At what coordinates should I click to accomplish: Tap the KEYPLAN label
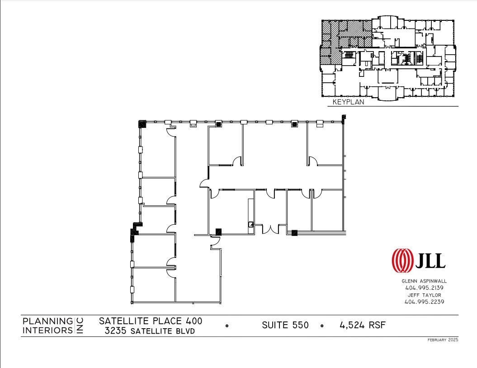348,102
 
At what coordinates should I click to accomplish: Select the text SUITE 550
285,325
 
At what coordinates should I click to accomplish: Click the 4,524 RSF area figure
360,325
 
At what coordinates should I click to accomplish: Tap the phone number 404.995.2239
424,302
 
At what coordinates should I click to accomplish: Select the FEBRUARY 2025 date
443,340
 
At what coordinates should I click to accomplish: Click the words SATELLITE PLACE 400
151,321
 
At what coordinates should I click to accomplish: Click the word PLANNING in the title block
47,321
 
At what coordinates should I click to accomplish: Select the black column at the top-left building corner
142,123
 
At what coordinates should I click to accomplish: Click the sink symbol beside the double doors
250,224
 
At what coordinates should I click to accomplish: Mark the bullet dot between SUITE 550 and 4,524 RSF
322,326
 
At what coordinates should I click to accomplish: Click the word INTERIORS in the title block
47,330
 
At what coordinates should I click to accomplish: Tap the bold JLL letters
430,261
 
